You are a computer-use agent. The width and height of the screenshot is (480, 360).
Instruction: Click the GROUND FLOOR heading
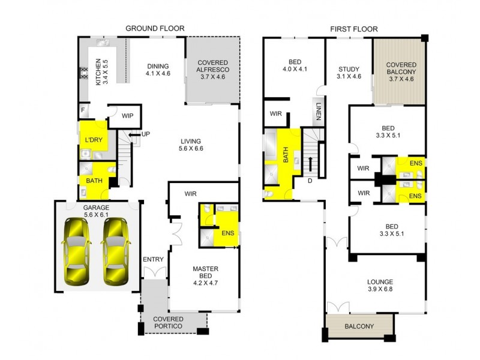(154, 28)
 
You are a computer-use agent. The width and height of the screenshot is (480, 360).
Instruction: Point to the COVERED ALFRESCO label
(214, 70)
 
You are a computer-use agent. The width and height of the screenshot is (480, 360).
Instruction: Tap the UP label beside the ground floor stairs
(145, 133)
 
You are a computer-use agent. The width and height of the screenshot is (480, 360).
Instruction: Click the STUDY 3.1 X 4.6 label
(349, 73)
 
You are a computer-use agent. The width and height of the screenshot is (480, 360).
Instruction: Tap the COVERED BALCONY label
(401, 71)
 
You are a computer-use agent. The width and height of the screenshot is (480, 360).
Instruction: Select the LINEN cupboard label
(317, 111)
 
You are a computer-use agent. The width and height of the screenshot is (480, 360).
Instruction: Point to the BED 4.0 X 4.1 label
(294, 65)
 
